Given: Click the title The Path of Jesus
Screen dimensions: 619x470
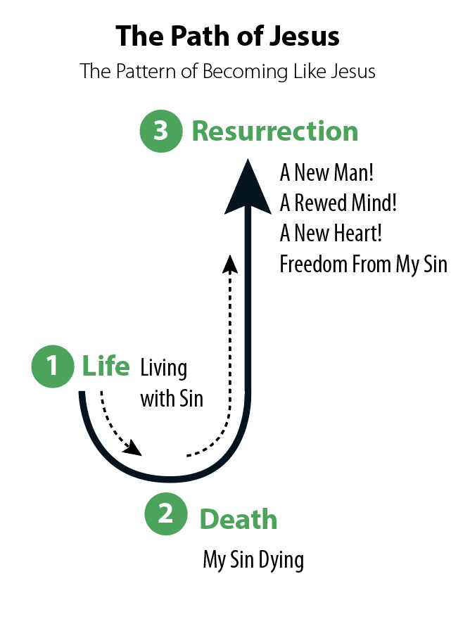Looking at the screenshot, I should point(227,35).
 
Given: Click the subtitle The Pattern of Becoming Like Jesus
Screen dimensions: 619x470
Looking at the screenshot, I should point(227,71).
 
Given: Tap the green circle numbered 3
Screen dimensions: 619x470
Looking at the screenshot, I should point(161,131).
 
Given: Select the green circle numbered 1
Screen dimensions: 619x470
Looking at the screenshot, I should point(53,366).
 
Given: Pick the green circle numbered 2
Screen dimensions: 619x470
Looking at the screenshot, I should point(165,514).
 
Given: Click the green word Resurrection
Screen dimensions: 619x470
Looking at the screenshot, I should point(275,132).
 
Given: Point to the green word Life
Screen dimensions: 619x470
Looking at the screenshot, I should point(106,366).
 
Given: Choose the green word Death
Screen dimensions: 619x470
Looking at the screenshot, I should point(239,520).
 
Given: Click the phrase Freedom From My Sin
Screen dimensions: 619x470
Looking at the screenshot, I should point(363,264).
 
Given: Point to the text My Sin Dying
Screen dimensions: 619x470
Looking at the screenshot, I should point(253,561).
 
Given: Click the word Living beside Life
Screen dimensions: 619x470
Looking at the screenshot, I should point(164,369).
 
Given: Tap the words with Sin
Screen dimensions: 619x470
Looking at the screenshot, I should point(172,399).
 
